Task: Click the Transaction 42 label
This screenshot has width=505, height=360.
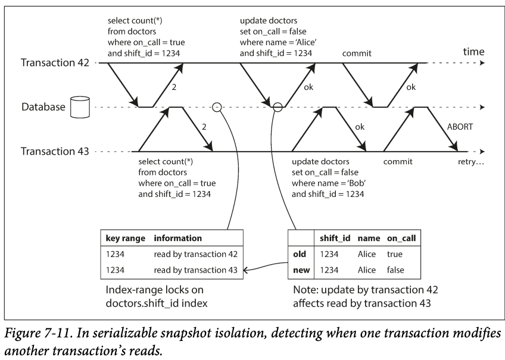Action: click(x=54, y=62)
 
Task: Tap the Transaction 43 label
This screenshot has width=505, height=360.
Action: click(x=54, y=151)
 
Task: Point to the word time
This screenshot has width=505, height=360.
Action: click(x=475, y=52)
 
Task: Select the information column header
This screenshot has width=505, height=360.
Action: click(x=177, y=238)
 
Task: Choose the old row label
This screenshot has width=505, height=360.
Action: click(x=300, y=254)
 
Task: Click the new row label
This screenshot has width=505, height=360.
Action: click(x=300, y=270)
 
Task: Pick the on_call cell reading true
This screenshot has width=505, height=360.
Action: click(x=395, y=254)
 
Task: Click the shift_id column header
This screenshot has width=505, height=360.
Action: click(x=335, y=238)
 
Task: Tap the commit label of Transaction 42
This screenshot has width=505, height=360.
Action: click(x=357, y=54)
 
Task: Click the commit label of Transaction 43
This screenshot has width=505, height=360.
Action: click(x=398, y=162)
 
